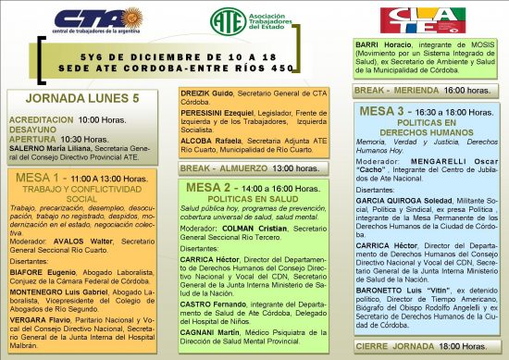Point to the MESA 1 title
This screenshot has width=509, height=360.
click(x=38, y=176)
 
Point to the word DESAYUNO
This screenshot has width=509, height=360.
click(x=33, y=130)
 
